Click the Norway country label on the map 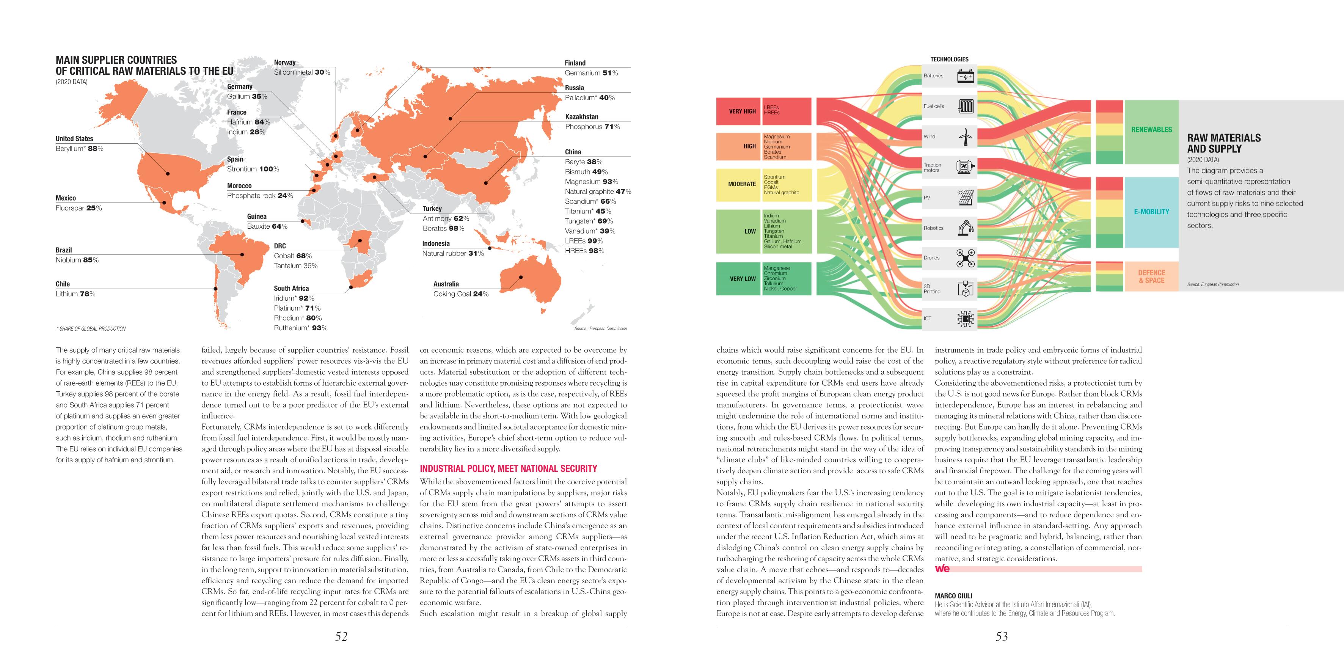[284, 63]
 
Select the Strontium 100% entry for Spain [253, 169]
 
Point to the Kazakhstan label [581, 117]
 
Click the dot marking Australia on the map [521, 276]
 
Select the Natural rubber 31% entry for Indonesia [452, 254]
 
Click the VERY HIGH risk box [742, 111]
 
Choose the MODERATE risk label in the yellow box [741, 184]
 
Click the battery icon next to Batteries [965, 76]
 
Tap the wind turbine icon [965, 137]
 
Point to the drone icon [965, 258]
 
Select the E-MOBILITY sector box [1151, 212]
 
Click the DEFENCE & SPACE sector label [1151, 276]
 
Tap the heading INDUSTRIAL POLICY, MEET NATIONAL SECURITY [508, 468]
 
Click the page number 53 [1001, 636]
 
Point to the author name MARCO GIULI [953, 596]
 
